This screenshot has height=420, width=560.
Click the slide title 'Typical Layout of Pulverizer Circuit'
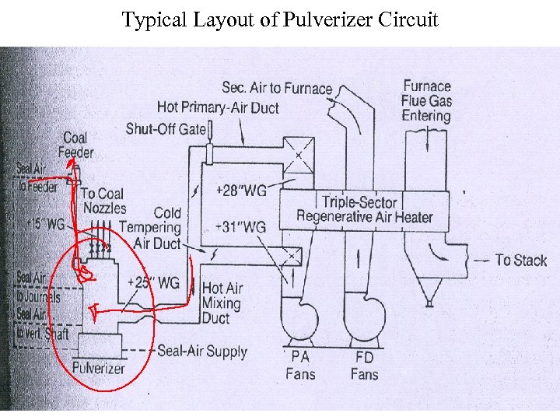(x=280, y=19)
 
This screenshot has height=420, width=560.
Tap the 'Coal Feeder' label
(x=75, y=145)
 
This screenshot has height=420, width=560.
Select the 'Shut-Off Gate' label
(x=166, y=128)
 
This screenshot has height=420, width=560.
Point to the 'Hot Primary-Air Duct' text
(x=218, y=107)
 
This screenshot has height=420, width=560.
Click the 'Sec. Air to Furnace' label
(x=277, y=88)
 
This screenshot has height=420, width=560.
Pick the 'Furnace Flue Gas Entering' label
(x=426, y=100)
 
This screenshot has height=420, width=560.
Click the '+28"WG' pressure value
(x=240, y=191)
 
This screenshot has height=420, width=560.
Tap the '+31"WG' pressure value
(x=240, y=227)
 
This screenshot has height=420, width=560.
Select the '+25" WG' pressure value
(x=152, y=282)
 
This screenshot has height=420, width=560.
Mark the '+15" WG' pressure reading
(x=44, y=223)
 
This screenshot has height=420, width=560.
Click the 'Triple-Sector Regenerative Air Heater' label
(x=364, y=209)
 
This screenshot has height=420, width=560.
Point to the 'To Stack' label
(x=521, y=260)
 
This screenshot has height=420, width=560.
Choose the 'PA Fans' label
(x=300, y=366)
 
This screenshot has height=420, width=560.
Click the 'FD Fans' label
(x=364, y=366)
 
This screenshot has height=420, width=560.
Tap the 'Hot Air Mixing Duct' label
(x=222, y=303)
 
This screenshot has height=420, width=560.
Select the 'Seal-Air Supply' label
(x=201, y=351)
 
